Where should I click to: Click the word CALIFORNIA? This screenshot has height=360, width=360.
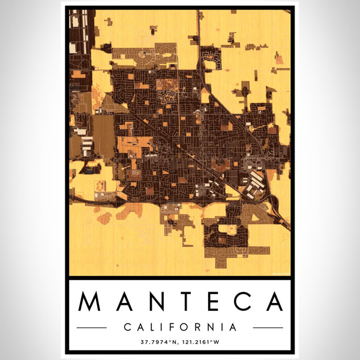[180, 328]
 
